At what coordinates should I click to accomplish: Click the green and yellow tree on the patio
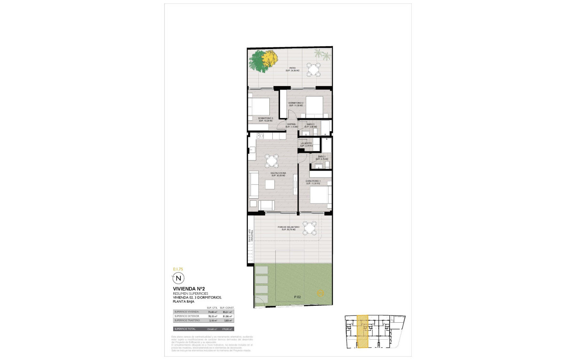click(263, 61)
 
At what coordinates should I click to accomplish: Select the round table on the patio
click(314, 69)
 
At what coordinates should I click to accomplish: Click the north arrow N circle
click(178, 278)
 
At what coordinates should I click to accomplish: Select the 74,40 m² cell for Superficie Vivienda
click(212, 312)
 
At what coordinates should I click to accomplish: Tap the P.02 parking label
click(298, 297)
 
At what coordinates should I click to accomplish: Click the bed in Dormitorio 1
click(319, 196)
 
